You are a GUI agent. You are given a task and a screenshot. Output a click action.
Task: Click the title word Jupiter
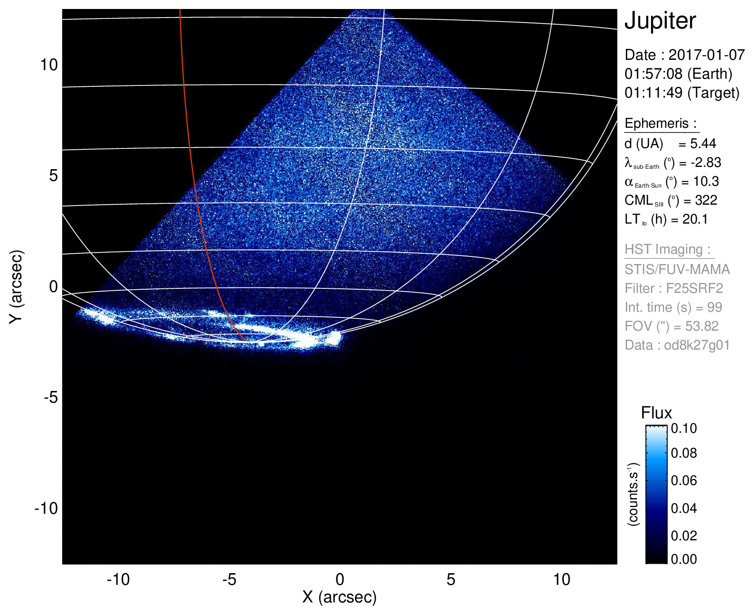tap(660, 21)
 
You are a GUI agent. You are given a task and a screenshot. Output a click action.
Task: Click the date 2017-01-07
tap(706, 55)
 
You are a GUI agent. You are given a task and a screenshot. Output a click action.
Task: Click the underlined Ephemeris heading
tap(660, 123)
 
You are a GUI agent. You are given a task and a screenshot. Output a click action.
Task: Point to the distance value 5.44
tap(703, 144)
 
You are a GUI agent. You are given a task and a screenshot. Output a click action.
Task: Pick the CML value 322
tap(706, 200)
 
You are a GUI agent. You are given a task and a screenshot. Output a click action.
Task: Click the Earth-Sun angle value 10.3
tap(706, 181)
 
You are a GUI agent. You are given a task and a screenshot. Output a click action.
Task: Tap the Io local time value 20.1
tap(695, 219)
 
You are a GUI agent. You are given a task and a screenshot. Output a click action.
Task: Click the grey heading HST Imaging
tap(667, 249)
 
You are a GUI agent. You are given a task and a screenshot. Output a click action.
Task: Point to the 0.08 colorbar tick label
tap(683, 453)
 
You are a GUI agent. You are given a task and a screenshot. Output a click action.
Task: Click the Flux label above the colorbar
tap(656, 413)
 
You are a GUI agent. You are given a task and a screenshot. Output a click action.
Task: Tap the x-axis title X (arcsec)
tap(339, 597)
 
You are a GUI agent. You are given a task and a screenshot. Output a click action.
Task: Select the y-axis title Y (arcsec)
tap(16, 287)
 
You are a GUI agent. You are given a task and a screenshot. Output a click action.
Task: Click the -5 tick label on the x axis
tap(229, 579)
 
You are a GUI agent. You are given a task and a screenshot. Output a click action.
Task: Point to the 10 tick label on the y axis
tap(49, 65)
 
